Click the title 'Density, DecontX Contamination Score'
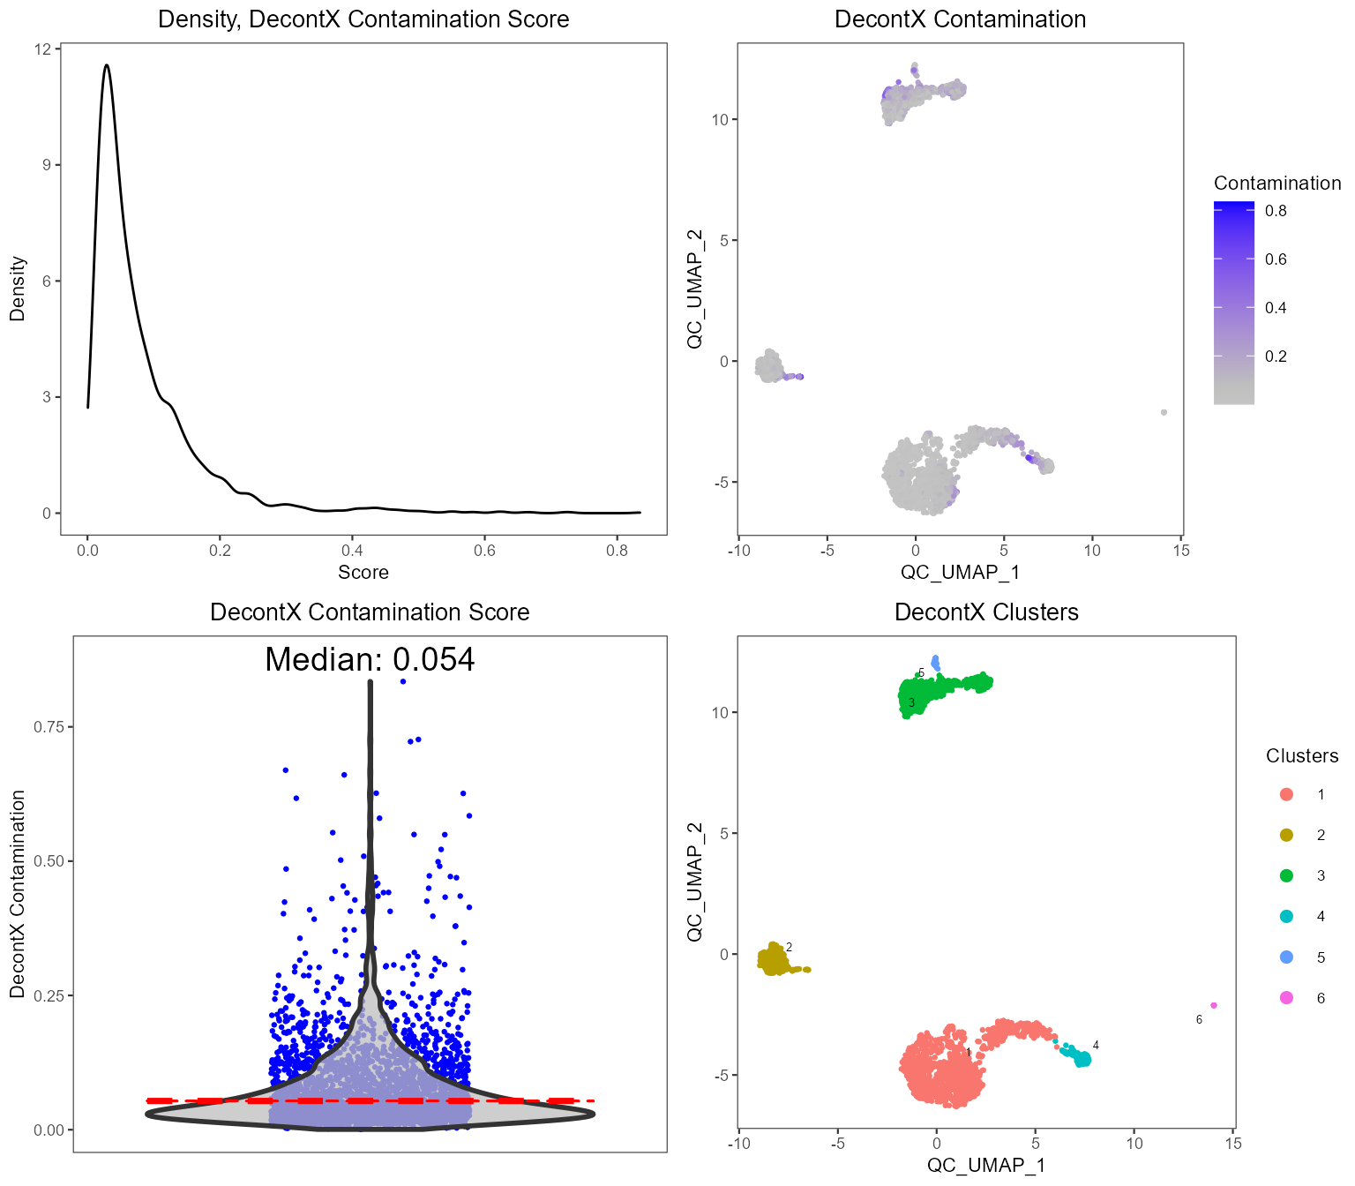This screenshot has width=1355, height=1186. [363, 19]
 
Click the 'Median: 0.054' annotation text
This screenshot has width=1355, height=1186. [370, 659]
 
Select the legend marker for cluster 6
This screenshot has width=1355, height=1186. [1286, 998]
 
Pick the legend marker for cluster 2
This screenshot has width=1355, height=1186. [1286, 835]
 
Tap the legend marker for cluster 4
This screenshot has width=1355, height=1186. [1286, 916]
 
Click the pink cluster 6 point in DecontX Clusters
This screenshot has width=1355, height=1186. [1214, 1005]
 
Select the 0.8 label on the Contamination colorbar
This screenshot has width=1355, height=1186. [1276, 211]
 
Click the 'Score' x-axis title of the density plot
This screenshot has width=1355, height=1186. [363, 572]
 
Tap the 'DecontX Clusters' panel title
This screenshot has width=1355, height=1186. [986, 612]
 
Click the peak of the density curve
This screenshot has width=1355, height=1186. [107, 64]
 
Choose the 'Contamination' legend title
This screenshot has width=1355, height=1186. [1277, 184]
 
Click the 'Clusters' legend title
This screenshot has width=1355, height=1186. [1302, 756]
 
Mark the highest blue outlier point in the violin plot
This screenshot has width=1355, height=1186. [403, 681]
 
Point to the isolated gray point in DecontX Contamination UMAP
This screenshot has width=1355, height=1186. [1164, 412]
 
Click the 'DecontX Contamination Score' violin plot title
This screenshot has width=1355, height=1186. [370, 612]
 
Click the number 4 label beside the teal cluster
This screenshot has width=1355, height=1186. [1096, 1046]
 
